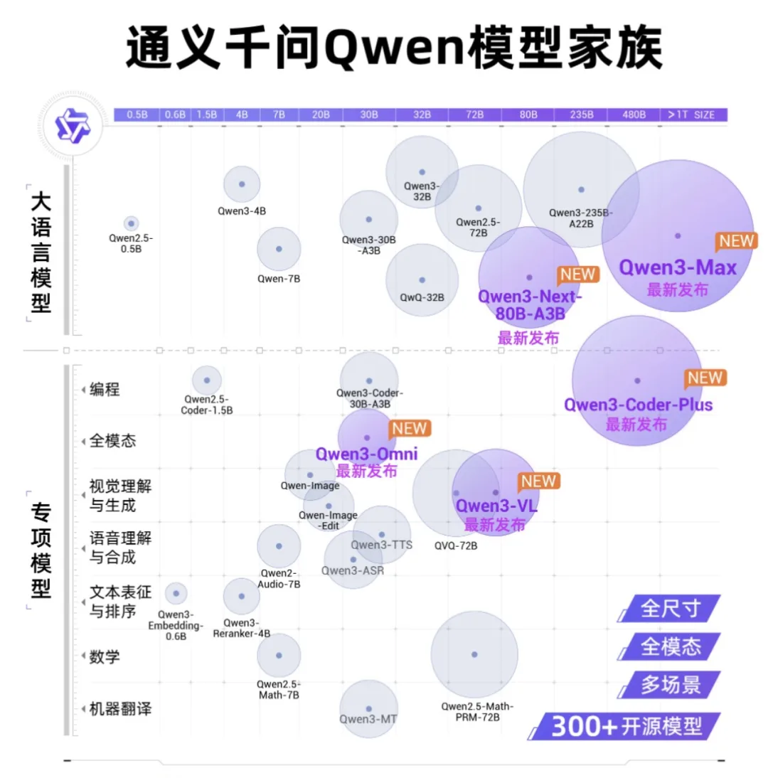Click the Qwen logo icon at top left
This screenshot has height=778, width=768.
(74, 125)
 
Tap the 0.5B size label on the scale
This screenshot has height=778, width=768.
(137, 114)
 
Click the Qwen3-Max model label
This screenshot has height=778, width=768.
(677, 268)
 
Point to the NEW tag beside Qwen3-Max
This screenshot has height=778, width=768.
(736, 241)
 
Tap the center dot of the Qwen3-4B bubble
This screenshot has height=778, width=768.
(242, 183)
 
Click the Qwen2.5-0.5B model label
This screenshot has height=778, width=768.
(131, 244)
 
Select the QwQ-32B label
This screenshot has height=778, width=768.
(422, 297)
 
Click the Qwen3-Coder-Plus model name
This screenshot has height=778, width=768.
(638, 405)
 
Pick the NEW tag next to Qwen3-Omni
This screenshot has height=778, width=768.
(410, 428)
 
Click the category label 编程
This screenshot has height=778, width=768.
(105, 389)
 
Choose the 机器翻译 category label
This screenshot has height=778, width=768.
(120, 709)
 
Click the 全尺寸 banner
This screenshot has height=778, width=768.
(671, 609)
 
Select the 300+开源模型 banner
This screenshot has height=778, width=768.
(626, 726)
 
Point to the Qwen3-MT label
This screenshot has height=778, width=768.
(368, 718)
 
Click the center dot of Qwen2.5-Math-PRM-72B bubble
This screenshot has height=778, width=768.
(474, 654)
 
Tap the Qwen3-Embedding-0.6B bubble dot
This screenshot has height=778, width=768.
(176, 592)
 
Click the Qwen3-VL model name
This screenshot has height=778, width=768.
(496, 506)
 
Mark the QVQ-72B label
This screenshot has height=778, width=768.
(456, 546)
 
